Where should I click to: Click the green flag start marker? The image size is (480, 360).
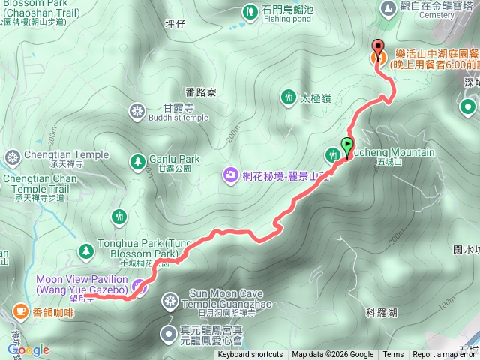click(x=348, y=145)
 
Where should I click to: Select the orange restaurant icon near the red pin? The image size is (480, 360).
click(x=378, y=57)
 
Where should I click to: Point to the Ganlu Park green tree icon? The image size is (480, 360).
click(x=137, y=160)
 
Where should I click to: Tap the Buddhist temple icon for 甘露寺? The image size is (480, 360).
click(x=137, y=112)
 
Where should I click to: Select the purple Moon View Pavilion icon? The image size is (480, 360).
click(x=137, y=285)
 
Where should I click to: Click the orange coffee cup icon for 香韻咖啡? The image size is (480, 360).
click(x=20, y=310)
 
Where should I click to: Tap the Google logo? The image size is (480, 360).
click(x=28, y=349)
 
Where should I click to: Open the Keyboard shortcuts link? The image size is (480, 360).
click(x=250, y=355)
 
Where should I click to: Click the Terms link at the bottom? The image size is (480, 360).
click(x=392, y=355)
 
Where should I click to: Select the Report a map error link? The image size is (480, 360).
click(x=445, y=355)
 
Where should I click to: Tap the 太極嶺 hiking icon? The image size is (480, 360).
click(x=289, y=97)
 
